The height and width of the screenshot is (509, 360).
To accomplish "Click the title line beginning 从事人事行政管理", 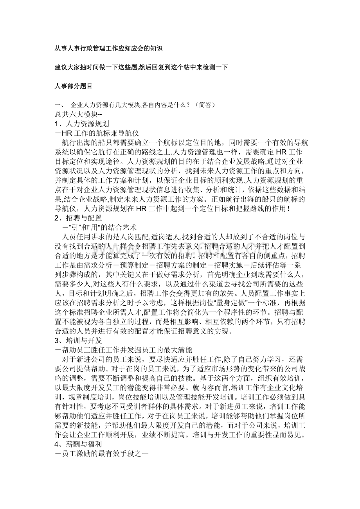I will click(108, 49).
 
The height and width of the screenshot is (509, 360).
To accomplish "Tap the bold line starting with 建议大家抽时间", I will click(141, 67).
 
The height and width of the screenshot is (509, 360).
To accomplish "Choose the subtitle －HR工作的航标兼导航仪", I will click(95, 133).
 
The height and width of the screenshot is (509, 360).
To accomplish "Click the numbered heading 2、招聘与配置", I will click(78, 218).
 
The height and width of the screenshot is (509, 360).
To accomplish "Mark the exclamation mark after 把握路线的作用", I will click(288, 208).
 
